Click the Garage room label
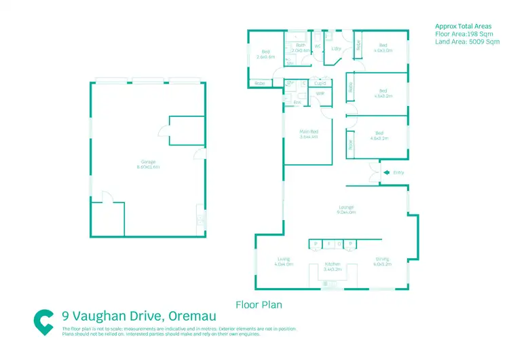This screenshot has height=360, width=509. [144, 162]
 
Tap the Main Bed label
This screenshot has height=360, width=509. [309, 132]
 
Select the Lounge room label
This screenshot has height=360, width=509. [346, 207]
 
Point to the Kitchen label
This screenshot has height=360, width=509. [332, 264]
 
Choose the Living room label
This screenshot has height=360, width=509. [284, 259]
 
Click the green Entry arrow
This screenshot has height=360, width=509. [385, 173]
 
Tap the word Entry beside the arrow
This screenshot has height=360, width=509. [398, 173]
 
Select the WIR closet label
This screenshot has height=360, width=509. [320, 94]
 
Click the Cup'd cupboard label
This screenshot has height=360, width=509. [320, 84]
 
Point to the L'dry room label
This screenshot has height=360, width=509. [335, 49]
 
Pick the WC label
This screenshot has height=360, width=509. [317, 46]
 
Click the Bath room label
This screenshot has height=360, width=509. [301, 46]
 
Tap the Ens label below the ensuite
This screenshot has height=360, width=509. [297, 103]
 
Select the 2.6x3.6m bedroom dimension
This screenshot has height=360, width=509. [266, 57]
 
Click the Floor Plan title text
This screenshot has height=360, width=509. [258, 305]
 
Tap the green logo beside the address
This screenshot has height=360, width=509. [44, 321]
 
